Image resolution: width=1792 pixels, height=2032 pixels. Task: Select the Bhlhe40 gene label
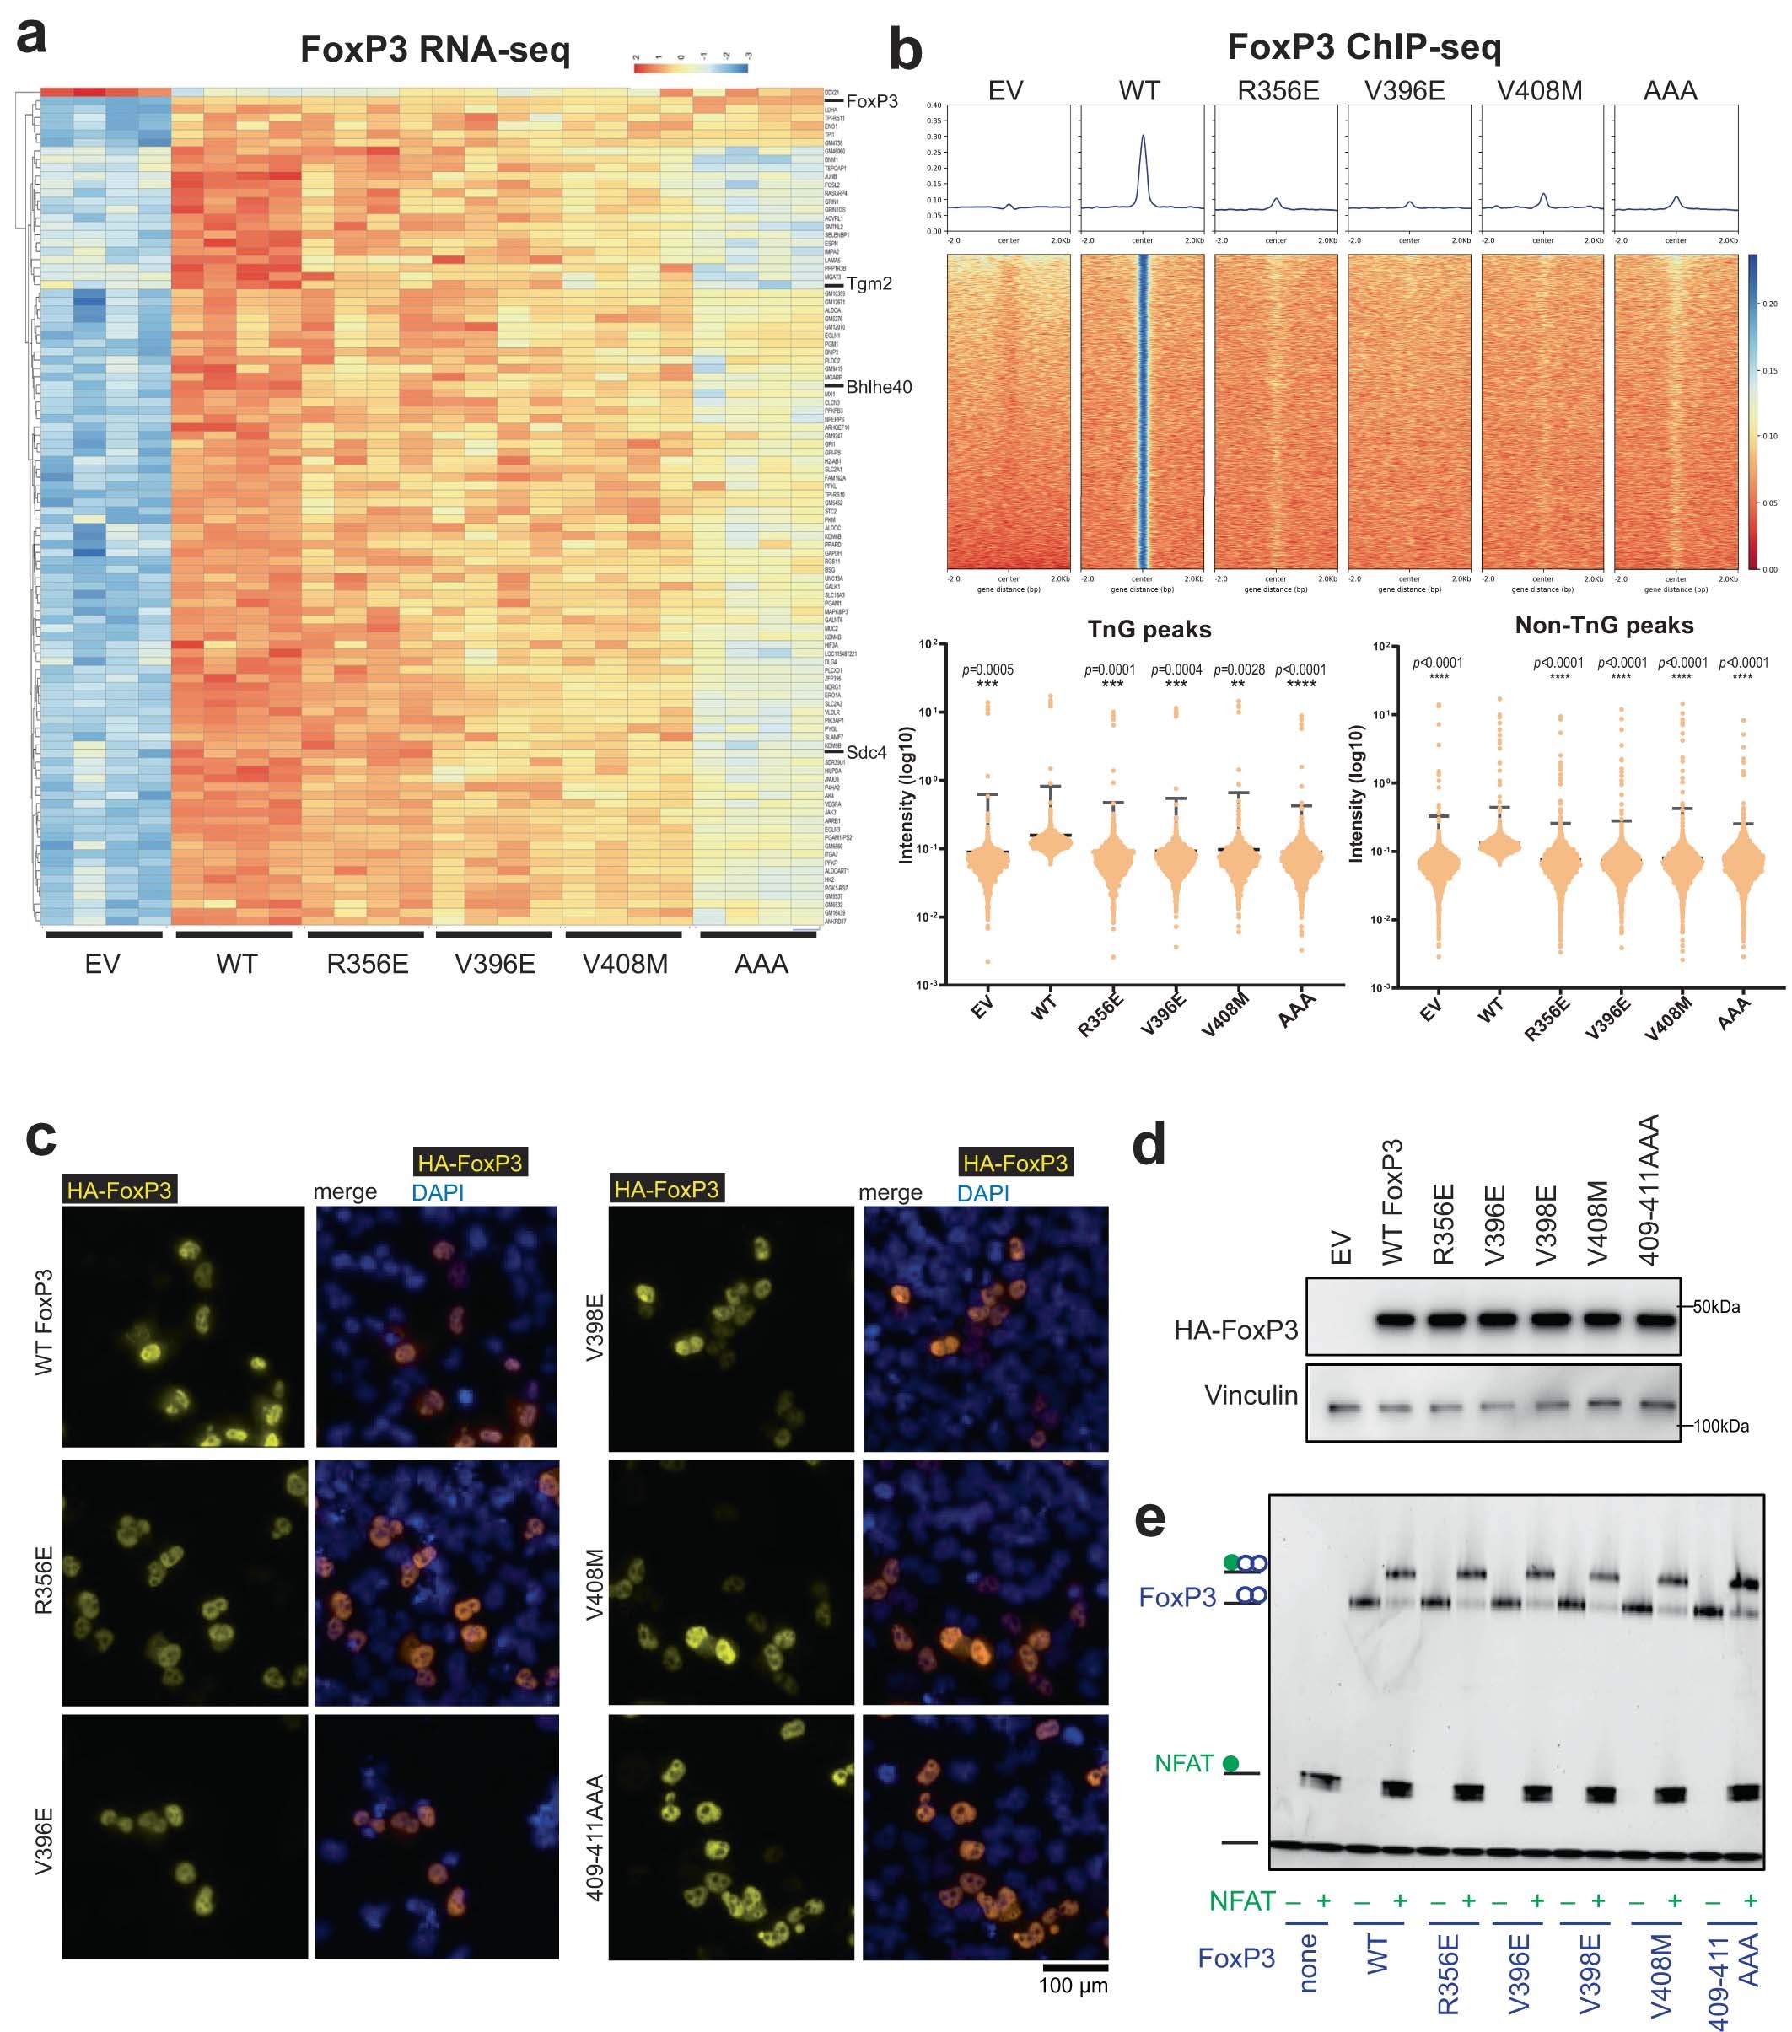[x=878, y=387]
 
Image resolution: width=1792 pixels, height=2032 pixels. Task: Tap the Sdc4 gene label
[x=865, y=753]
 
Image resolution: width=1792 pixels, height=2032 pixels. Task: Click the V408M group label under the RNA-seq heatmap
[x=625, y=964]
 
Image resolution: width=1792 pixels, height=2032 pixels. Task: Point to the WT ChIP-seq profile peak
[x=1143, y=138]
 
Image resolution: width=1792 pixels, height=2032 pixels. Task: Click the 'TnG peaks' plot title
[x=1149, y=629]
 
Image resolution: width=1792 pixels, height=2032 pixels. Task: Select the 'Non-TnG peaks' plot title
[x=1603, y=626]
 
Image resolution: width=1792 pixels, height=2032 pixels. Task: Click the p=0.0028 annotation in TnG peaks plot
[x=1238, y=670]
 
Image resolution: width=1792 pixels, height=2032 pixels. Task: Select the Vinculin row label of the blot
[x=1250, y=1395]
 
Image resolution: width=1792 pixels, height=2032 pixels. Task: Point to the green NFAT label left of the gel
[x=1183, y=1764]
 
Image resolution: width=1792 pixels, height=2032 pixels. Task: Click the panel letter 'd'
[x=1149, y=1145]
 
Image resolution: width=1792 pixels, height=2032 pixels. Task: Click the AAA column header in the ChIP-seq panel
[x=1670, y=91]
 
